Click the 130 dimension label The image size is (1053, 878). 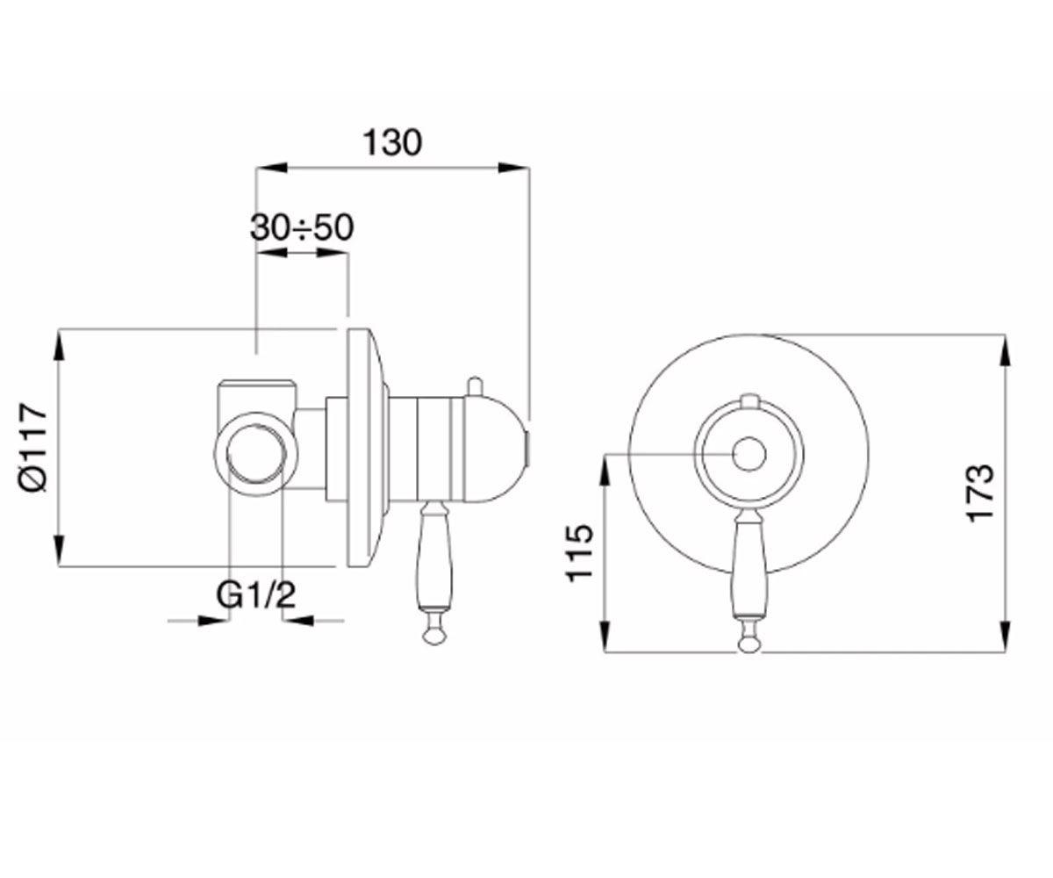(x=392, y=143)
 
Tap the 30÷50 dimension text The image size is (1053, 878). (x=302, y=227)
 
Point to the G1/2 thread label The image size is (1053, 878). (x=255, y=595)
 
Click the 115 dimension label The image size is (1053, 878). (x=579, y=553)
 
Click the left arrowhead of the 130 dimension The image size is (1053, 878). (x=272, y=168)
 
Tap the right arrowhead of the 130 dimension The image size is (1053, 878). (x=514, y=168)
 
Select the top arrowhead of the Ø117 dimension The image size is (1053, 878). (x=59, y=345)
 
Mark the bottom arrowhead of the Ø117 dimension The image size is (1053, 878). (x=59, y=551)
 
